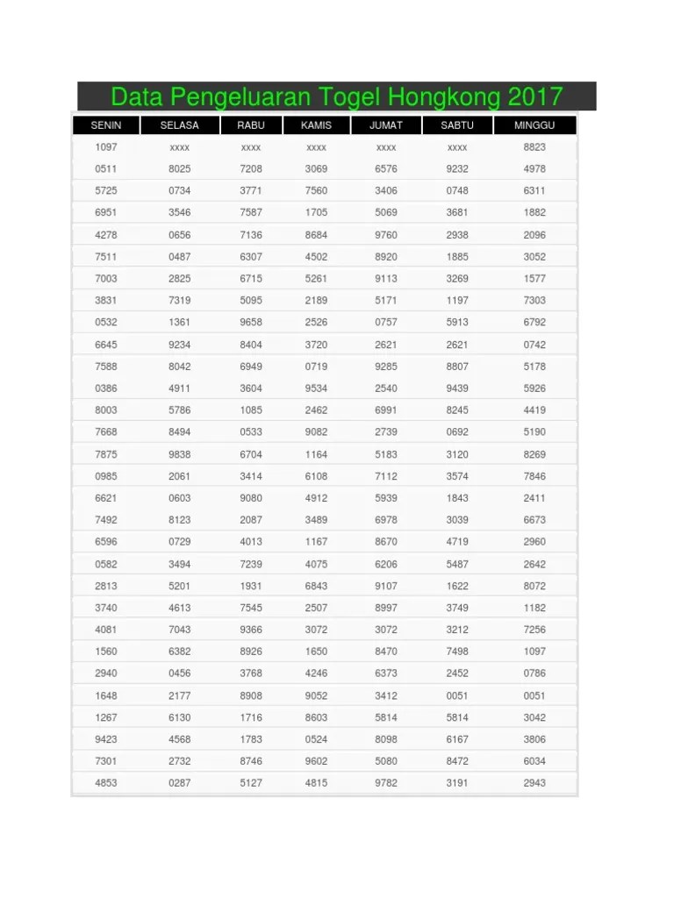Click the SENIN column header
pyautogui.click(x=106, y=125)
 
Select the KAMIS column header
pyautogui.click(x=316, y=125)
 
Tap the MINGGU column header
pyautogui.click(x=534, y=125)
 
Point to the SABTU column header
pyautogui.click(x=457, y=125)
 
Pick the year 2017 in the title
pyautogui.click(x=534, y=96)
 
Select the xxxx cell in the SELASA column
pyautogui.click(x=180, y=147)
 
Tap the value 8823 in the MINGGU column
pyautogui.click(x=534, y=147)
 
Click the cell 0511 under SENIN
pyautogui.click(x=106, y=169)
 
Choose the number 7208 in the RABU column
pyautogui.click(x=251, y=169)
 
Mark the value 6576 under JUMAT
pyautogui.click(x=386, y=169)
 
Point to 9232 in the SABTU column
pyautogui.click(x=457, y=169)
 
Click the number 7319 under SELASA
pyautogui.click(x=180, y=301)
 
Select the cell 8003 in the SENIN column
pyautogui.click(x=106, y=410)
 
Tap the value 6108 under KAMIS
pyautogui.click(x=316, y=476)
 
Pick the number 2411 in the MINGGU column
pyautogui.click(x=534, y=498)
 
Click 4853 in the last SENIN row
pyautogui.click(x=106, y=783)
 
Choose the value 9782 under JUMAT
pyautogui.click(x=386, y=783)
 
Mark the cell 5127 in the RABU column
pyautogui.click(x=251, y=783)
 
